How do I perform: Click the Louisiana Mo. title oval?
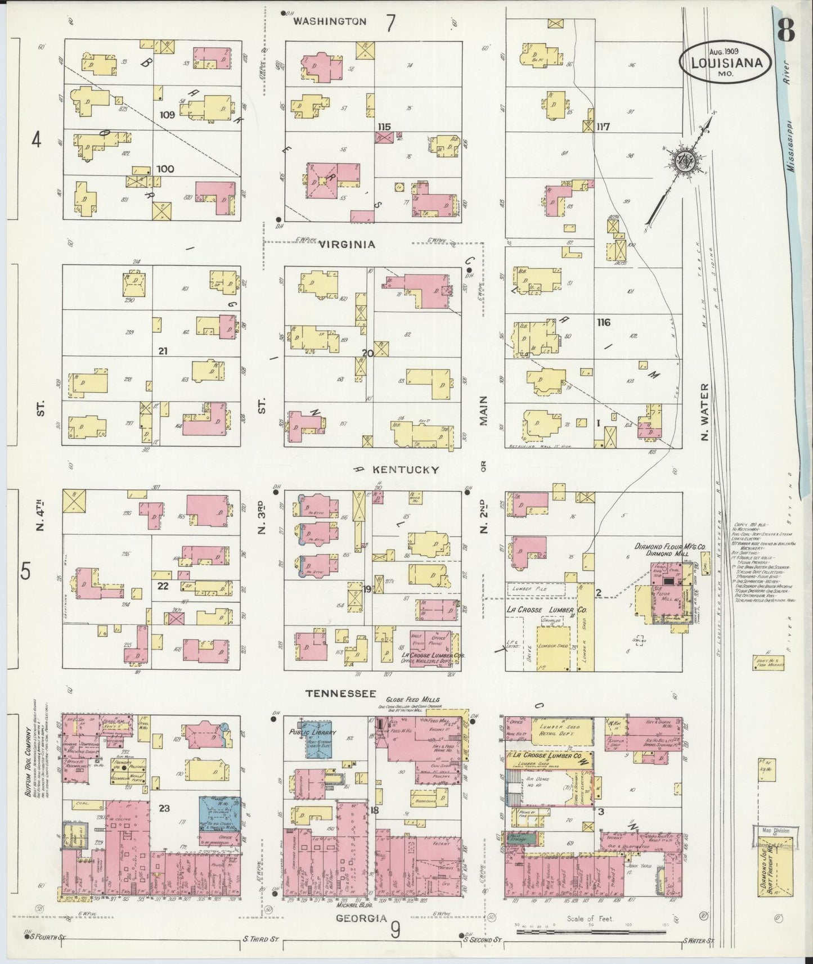725,64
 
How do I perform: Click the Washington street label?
330,21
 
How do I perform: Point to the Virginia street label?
347,245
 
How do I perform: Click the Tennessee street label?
340,695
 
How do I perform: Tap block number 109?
167,115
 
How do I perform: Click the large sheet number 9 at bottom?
396,931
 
